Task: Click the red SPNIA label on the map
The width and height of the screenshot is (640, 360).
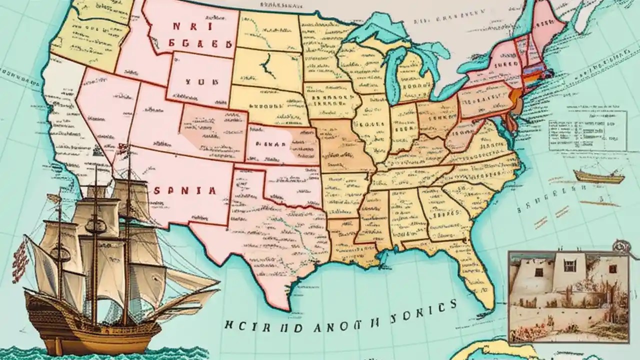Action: pyautogui.click(x=185, y=190)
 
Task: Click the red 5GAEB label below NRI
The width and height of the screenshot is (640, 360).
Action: pyautogui.click(x=200, y=44)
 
